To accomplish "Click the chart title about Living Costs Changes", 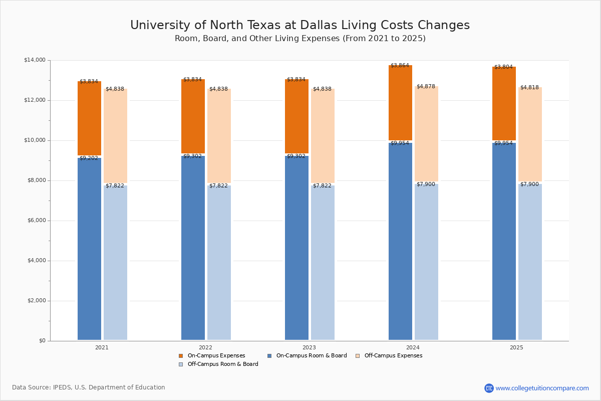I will click(299, 26).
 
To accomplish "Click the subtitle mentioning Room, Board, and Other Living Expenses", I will click(299, 39).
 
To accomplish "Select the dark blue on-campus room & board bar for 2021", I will click(89, 251).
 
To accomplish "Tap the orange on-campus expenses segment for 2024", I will click(400, 103).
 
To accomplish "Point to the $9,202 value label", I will click(89, 158).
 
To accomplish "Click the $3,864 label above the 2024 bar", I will click(400, 66).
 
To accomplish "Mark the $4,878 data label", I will click(426, 87).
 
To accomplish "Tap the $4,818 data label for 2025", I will click(529, 88).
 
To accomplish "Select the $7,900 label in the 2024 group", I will click(426, 184).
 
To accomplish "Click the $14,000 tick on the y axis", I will click(35, 60).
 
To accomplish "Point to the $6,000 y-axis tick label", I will click(36, 221).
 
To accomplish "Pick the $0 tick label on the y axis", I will click(42, 341).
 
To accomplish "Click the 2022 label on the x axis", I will click(205, 347).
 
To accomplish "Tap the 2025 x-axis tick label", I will click(516, 347).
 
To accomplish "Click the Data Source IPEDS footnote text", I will click(89, 387).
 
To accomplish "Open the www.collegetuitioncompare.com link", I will click(542, 388).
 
